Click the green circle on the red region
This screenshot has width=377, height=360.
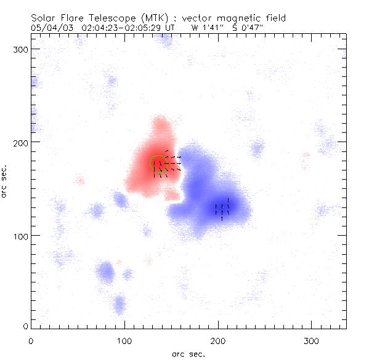tap(158, 163)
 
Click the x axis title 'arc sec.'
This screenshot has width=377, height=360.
tap(188, 353)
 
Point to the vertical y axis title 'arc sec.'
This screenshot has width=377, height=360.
tap(5, 180)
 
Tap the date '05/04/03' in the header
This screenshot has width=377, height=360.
tap(49, 28)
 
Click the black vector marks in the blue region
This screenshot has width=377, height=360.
tap(222, 209)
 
